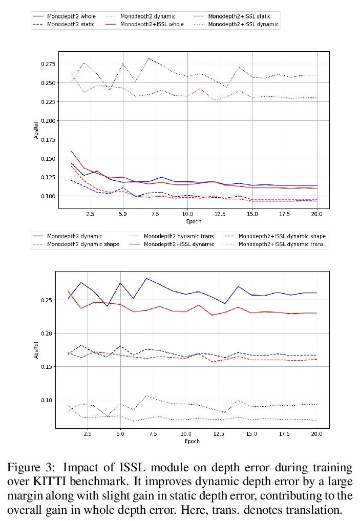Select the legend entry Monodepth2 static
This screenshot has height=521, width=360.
(71, 25)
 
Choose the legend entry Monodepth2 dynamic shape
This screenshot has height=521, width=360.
(83, 244)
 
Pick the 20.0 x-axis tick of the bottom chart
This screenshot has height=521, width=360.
(316, 434)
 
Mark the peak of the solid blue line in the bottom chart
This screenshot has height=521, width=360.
(146, 278)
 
